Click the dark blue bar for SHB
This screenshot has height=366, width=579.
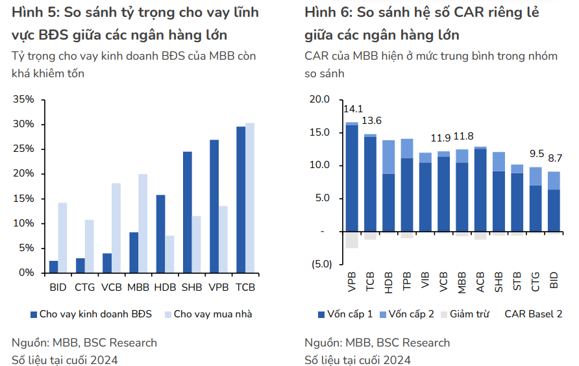[188, 212]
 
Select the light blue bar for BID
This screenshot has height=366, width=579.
[62, 238]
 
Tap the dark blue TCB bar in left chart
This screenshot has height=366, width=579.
[241, 199]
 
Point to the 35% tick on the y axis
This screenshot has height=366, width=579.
[23, 99]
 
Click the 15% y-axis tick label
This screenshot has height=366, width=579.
[23, 199]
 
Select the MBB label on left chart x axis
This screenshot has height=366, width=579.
[138, 286]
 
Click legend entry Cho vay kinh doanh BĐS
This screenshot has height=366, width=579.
[95, 314]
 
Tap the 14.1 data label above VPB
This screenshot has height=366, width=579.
[353, 109]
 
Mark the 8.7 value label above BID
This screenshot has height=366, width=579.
[554, 158]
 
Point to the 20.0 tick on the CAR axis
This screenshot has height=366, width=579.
[320, 99]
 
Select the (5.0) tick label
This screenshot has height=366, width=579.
[319, 264]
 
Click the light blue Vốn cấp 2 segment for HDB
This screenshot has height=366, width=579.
[389, 156]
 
